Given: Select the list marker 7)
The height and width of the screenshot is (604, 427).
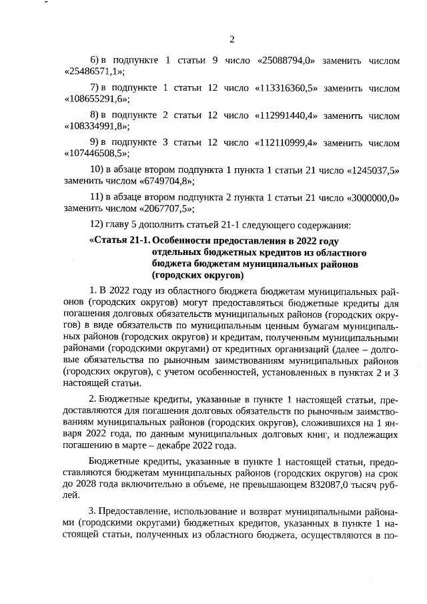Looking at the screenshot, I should pyautogui.click(x=94, y=88).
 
